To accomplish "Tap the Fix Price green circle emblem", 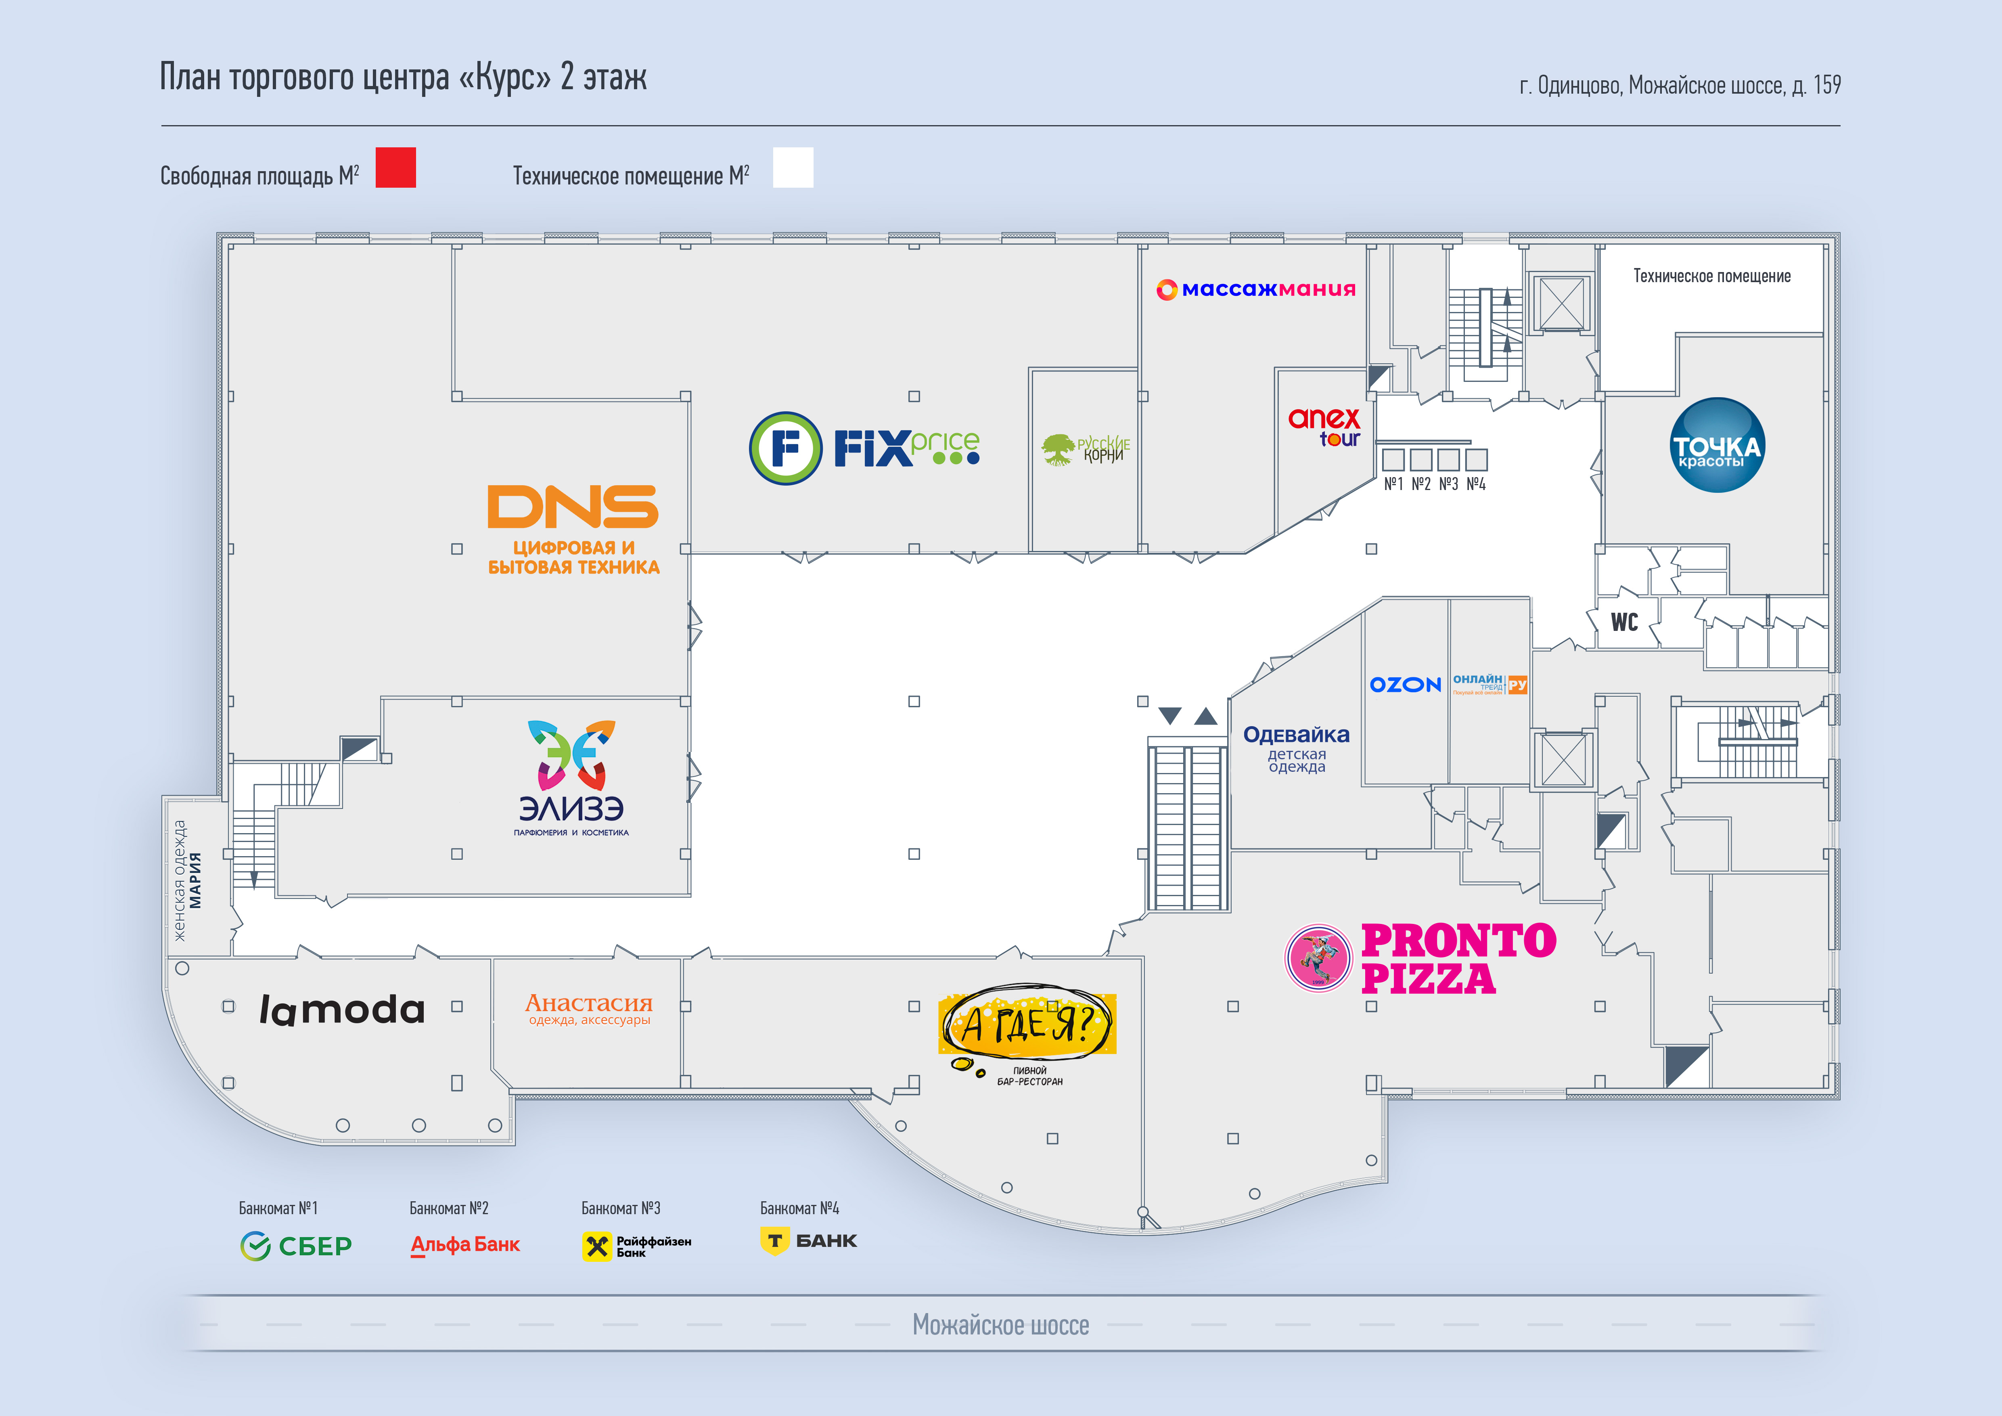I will [785, 448].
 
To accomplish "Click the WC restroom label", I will [1623, 622].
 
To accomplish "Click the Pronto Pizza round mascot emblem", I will [1318, 957].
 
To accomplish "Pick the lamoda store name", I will [342, 1010].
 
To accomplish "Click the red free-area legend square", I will [396, 168].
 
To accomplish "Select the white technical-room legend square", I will [793, 168].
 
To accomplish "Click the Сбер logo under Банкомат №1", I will [295, 1246].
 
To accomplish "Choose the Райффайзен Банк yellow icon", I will [597, 1246].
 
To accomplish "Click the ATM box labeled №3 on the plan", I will [1448, 459].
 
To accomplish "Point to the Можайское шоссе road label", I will [1000, 1324].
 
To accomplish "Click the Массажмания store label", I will [1255, 289].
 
